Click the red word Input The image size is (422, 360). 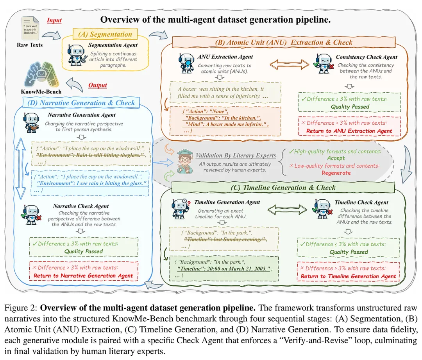click(x=54, y=21)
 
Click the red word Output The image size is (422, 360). click(x=97, y=85)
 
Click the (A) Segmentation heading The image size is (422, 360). click(x=105, y=34)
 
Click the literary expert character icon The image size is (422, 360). click(x=185, y=160)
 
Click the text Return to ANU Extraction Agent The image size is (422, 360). click(x=349, y=131)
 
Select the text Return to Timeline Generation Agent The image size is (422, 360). click(x=348, y=276)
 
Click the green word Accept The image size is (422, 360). click(x=336, y=158)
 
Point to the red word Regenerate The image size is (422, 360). click(x=336, y=173)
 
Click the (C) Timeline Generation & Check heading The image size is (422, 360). click(x=283, y=188)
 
